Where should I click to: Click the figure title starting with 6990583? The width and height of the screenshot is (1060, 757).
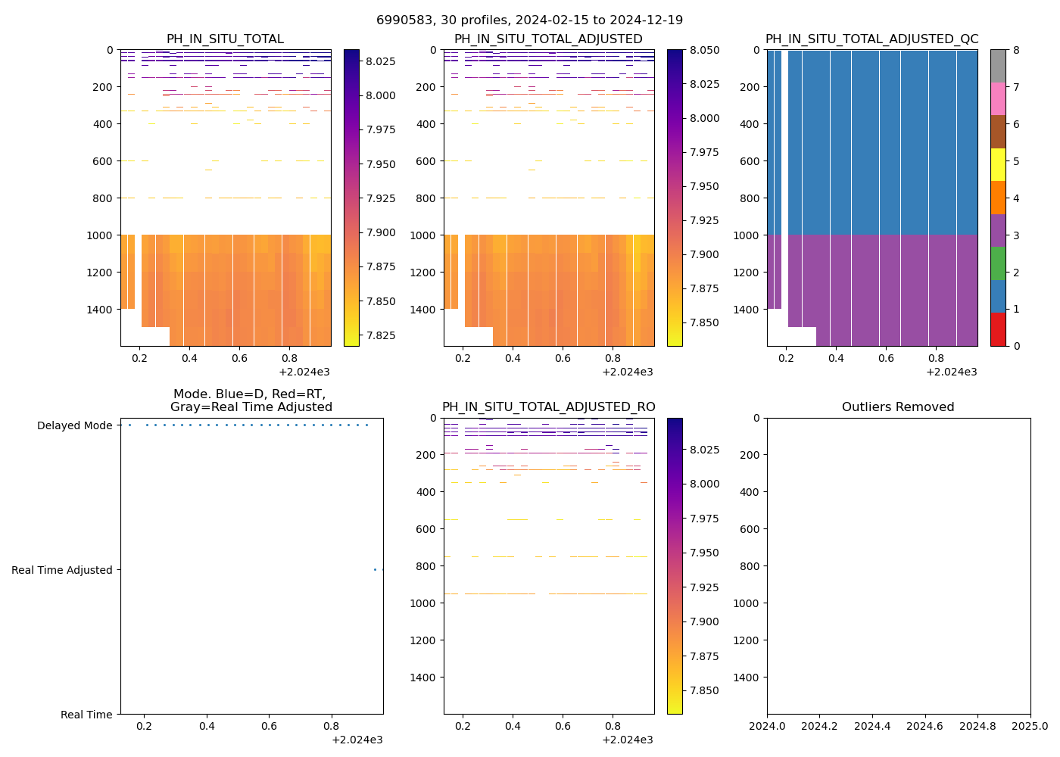tap(529, 20)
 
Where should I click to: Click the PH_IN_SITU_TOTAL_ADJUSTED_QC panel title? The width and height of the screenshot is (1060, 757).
tap(871, 39)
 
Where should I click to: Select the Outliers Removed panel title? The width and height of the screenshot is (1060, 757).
tap(898, 407)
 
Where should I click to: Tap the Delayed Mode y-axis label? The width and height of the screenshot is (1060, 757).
tap(74, 425)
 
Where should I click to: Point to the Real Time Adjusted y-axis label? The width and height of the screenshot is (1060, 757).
tap(62, 570)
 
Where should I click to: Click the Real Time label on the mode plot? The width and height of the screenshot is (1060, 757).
tap(86, 715)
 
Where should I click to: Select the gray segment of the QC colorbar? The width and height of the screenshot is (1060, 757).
tap(998, 66)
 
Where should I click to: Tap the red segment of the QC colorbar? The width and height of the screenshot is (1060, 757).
tap(998, 329)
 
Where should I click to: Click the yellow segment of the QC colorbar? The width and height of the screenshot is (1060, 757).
tap(998, 165)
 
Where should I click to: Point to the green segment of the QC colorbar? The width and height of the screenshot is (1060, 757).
tap(998, 263)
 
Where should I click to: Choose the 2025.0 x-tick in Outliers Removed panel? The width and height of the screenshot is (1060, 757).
tap(1030, 726)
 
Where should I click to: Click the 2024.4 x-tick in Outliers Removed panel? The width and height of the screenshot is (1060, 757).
tap(872, 726)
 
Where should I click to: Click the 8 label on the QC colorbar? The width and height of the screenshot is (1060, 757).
tap(1016, 50)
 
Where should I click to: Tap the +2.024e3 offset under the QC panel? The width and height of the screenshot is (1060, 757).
tap(951, 372)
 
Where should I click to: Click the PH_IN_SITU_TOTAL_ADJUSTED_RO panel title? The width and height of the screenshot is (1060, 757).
tap(549, 407)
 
